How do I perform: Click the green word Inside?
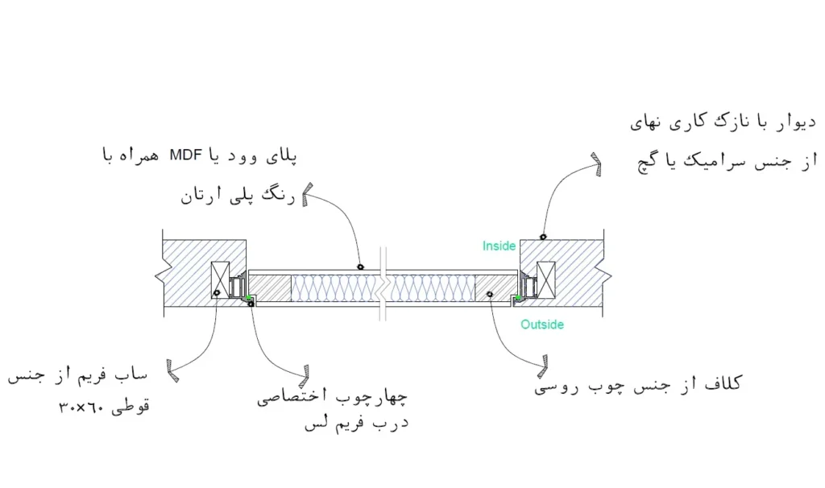pyautogui.click(x=499, y=246)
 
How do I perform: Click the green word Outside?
pyautogui.click(x=541, y=325)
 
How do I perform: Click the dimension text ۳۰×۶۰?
pyautogui.click(x=80, y=407)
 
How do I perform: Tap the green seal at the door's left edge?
pyautogui.click(x=249, y=300)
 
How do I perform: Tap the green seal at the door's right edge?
pyautogui.click(x=516, y=300)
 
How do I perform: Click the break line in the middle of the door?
pyautogui.click(x=385, y=287)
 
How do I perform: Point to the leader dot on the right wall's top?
pyautogui.click(x=544, y=237)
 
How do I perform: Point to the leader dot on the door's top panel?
pyautogui.click(x=361, y=266)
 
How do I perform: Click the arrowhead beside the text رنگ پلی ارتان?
pyautogui.click(x=307, y=196)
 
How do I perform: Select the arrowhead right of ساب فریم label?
pyautogui.click(x=171, y=369)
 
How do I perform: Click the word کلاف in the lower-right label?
pyautogui.click(x=724, y=383)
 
